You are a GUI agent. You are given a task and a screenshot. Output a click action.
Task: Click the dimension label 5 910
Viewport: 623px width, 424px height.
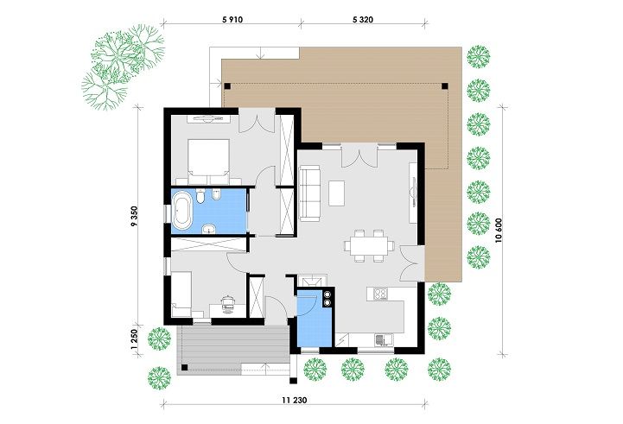[x=232, y=20]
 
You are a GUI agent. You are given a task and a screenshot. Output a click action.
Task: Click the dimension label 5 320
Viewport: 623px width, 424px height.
[x=363, y=20]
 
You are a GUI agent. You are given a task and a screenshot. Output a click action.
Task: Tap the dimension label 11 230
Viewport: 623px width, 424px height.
[x=295, y=400]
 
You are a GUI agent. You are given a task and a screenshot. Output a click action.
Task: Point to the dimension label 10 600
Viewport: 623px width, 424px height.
[x=499, y=231]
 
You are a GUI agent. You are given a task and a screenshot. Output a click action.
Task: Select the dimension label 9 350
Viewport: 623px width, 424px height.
[x=134, y=216]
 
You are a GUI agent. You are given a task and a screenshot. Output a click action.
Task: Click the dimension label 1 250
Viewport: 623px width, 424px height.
[x=134, y=340]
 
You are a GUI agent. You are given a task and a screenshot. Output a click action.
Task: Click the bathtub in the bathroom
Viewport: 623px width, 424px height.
[x=182, y=211]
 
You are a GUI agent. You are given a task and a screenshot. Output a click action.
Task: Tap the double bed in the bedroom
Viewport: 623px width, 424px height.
[x=208, y=157]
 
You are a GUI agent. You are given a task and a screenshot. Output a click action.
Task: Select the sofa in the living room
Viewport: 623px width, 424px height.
[x=309, y=193]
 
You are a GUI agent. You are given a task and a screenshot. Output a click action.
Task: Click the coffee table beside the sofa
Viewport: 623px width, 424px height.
[x=336, y=193]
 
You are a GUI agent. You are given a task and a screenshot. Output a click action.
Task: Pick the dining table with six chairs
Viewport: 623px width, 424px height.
[x=369, y=246]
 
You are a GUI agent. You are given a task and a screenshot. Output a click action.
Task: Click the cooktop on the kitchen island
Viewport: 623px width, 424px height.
[x=381, y=294]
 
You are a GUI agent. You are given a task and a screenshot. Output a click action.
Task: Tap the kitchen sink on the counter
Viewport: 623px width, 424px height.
[x=384, y=339]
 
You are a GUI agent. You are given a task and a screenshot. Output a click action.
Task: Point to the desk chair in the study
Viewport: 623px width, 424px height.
[x=227, y=303]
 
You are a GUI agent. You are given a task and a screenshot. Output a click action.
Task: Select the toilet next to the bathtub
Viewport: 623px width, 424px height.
[x=200, y=196]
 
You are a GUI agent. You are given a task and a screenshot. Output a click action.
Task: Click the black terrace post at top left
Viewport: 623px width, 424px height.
[x=227, y=85]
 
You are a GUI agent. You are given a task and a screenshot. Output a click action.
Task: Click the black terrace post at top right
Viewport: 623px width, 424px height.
[x=445, y=85]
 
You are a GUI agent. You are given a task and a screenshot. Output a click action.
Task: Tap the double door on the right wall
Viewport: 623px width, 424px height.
[x=410, y=263]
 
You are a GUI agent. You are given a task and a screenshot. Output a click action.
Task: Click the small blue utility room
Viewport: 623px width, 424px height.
[x=314, y=320]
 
